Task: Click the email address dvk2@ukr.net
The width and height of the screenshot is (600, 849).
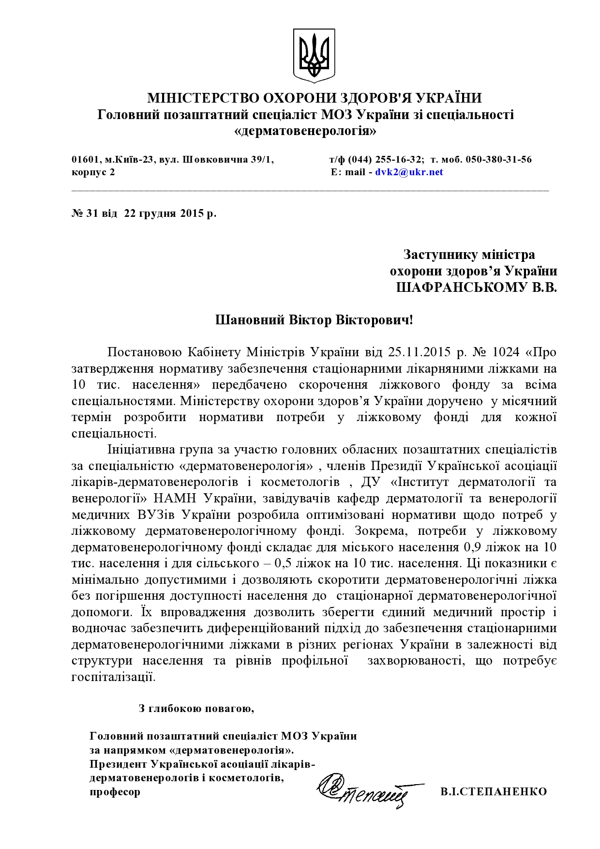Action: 409,172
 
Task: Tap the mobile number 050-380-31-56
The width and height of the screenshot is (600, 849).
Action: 498,159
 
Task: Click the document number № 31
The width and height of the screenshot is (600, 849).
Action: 85,213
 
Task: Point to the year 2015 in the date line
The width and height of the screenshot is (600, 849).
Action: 193,213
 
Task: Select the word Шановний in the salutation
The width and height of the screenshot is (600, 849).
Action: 250,320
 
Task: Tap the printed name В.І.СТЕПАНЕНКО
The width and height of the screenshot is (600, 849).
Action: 494,792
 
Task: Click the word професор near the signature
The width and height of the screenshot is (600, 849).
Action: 115,792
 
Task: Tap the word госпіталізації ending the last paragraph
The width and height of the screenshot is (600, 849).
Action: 114,677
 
